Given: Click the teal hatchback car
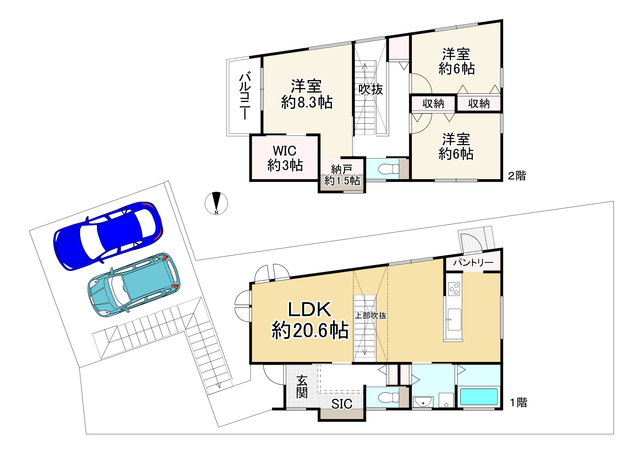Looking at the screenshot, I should pyautogui.click(x=134, y=285).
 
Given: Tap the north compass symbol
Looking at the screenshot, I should pyautogui.click(x=216, y=203).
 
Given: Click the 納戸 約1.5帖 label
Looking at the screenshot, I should pyautogui.click(x=342, y=175).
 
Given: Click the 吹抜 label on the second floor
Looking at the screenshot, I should pyautogui.click(x=370, y=90).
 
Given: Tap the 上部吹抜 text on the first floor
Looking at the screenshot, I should pyautogui.click(x=370, y=315).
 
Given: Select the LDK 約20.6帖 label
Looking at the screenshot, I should pyautogui.click(x=310, y=320).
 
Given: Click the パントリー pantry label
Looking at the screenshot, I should pyautogui.click(x=473, y=262).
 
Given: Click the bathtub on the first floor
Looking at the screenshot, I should pyautogui.click(x=479, y=396).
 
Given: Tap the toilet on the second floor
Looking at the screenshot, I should pyautogui.click(x=388, y=169).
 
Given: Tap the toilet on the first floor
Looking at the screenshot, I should pyautogui.click(x=388, y=397).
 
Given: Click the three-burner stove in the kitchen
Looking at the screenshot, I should pyautogui.click(x=454, y=289).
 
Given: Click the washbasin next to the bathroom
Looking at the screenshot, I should pyautogui.click(x=422, y=402).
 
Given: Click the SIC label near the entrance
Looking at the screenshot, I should pyautogui.click(x=342, y=404).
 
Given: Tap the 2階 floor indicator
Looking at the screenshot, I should pyautogui.click(x=517, y=176).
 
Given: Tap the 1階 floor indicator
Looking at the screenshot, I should pyautogui.click(x=518, y=403).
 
